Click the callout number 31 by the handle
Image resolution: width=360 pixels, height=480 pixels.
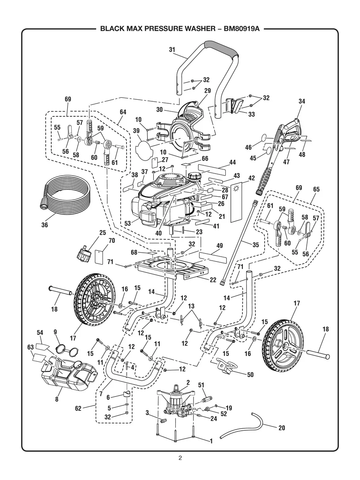(x=172, y=50)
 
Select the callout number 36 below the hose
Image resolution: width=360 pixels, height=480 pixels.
(x=45, y=225)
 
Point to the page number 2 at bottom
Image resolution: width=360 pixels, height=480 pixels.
(x=180, y=458)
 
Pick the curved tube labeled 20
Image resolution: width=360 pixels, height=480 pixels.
(x=242, y=424)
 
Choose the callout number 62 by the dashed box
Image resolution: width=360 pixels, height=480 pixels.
(x=78, y=407)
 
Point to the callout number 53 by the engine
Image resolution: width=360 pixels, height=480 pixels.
(x=128, y=224)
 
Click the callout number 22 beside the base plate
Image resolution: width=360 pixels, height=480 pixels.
(x=213, y=280)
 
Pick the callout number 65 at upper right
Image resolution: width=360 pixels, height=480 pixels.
(x=316, y=190)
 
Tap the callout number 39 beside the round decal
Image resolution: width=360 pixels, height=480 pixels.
(x=136, y=131)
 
